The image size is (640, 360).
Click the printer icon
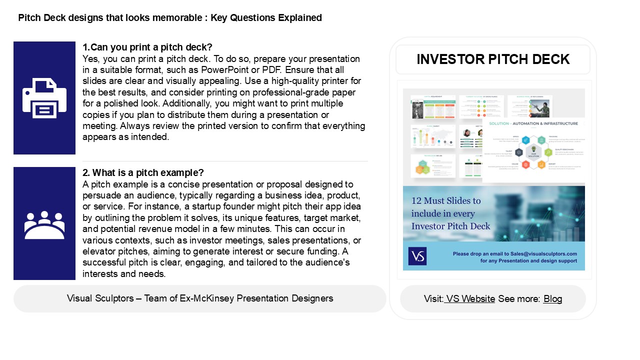[44, 98]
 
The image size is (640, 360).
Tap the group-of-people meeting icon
[44, 224]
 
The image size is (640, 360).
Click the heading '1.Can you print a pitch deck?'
[147, 47]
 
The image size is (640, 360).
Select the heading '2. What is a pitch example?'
[143, 173]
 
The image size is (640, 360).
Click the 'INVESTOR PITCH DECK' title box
[493, 59]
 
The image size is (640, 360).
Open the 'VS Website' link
[470, 299]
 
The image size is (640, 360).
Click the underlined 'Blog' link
[552, 299]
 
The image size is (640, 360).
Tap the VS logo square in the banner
[417, 256]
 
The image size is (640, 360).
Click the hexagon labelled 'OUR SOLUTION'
[533, 151]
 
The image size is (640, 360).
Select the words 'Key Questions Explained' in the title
[266, 18]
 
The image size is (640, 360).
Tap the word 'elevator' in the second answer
[98, 252]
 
